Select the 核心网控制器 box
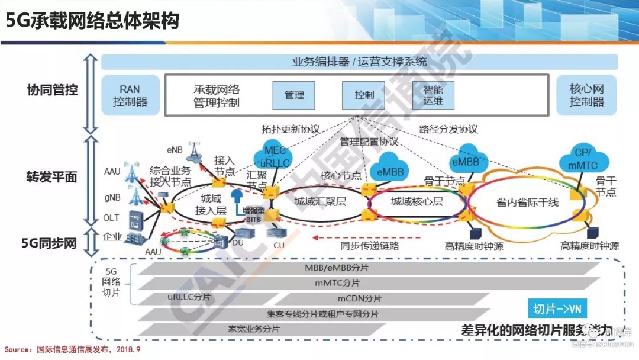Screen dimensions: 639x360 click(x=586, y=95)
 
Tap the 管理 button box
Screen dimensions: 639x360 click(x=294, y=95)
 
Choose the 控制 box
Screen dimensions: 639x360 click(x=364, y=95)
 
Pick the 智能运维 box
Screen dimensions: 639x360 click(x=433, y=95)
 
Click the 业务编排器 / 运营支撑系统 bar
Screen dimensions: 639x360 click(x=359, y=62)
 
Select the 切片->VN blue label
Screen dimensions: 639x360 click(x=557, y=308)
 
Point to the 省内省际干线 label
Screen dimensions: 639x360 click(x=527, y=202)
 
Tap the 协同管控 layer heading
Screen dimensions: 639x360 click(x=53, y=91)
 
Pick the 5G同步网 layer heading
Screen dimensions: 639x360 click(x=49, y=243)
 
